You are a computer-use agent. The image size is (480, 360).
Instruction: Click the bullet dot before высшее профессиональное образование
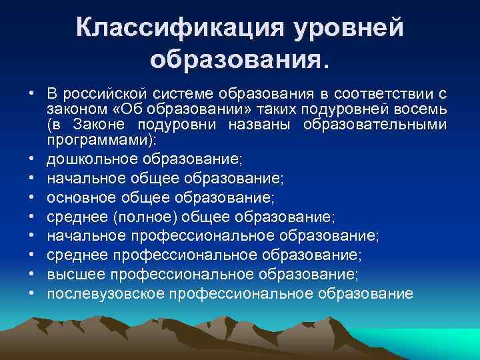[x=32, y=275]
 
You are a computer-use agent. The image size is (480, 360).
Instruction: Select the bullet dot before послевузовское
[x=32, y=293]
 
